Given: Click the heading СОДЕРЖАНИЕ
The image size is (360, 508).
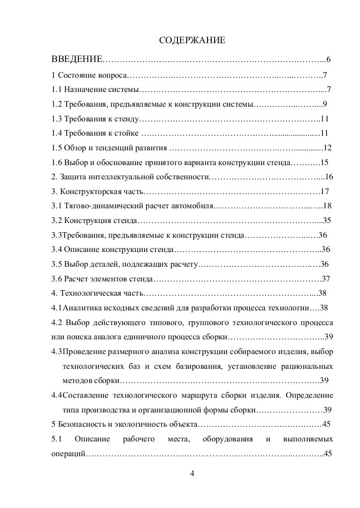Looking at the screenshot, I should pos(192,40).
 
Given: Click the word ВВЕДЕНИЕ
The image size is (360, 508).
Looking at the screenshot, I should pos(77,60).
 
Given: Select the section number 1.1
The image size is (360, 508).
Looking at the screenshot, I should pos(57,90).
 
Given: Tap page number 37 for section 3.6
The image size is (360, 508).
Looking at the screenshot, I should pos(326,278).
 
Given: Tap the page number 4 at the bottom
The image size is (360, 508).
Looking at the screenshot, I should pos(192,474).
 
